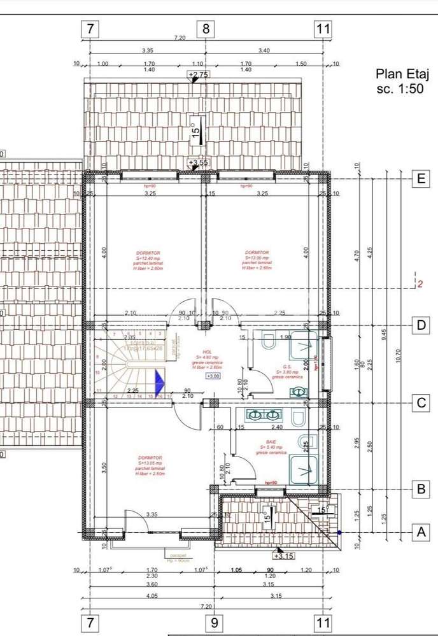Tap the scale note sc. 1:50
[x=400, y=89]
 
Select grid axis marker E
[x=420, y=179]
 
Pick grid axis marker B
[x=420, y=490]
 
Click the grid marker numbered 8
[x=206, y=29]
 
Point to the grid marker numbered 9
[x=215, y=623]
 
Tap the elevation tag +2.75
[x=199, y=75]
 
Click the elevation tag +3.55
[x=199, y=163]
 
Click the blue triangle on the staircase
[x=159, y=384]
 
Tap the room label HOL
[x=207, y=351]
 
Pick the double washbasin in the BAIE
[x=263, y=415]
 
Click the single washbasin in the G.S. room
[x=297, y=393]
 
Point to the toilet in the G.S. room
[x=267, y=342]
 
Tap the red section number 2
[x=420, y=285]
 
